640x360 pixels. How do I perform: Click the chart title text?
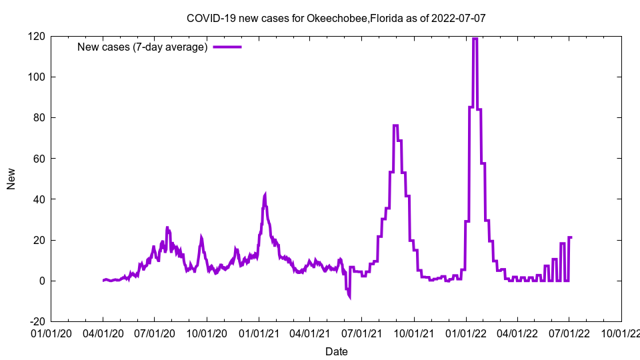pyautogui.click(x=336, y=18)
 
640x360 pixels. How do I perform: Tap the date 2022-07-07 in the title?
pyautogui.click(x=459, y=18)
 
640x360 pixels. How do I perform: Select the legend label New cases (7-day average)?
pyautogui.click(x=143, y=47)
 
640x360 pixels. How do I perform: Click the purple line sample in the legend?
pyautogui.click(x=227, y=47)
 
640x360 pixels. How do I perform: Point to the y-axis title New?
pyautogui.click(x=11, y=179)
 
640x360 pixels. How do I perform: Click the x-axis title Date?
pyautogui.click(x=336, y=351)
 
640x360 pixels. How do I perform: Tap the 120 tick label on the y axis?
pyautogui.click(x=37, y=36)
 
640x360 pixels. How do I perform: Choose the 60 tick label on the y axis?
pyautogui.click(x=39, y=159)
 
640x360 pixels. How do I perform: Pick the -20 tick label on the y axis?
pyautogui.click(x=37, y=321)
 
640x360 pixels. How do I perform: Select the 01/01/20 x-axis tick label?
pyautogui.click(x=51, y=332)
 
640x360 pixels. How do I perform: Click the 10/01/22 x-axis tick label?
pyautogui.click(x=621, y=332)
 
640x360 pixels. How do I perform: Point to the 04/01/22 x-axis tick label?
pyautogui.click(x=517, y=332)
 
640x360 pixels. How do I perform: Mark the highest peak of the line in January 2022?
pyautogui.click(x=475, y=39)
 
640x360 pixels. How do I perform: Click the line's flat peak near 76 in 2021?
pyautogui.click(x=395, y=125)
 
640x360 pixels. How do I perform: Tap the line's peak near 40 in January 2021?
pyautogui.click(x=265, y=195)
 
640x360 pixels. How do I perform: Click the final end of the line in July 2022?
pyautogui.click(x=571, y=237)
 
